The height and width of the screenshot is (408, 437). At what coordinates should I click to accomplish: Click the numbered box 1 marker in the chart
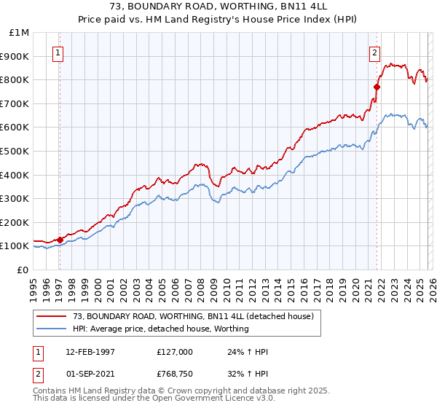pyautogui.click(x=58, y=52)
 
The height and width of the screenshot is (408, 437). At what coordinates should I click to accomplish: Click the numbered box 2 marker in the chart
pyautogui.click(x=374, y=52)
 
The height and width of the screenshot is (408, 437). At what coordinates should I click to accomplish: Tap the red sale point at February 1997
pyautogui.click(x=60, y=239)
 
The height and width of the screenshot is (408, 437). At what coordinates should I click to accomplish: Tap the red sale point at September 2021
pyautogui.click(x=377, y=87)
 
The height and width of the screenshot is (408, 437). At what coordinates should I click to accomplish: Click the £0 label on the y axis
pyautogui.click(x=23, y=270)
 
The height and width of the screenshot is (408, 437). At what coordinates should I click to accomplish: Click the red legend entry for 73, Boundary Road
pyautogui.click(x=192, y=317)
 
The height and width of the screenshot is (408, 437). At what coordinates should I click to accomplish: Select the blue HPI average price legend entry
pyautogui.click(x=160, y=329)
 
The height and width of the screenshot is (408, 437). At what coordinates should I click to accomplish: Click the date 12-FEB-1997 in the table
pyautogui.click(x=90, y=351)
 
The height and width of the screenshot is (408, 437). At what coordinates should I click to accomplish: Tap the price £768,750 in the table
pyautogui.click(x=175, y=373)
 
